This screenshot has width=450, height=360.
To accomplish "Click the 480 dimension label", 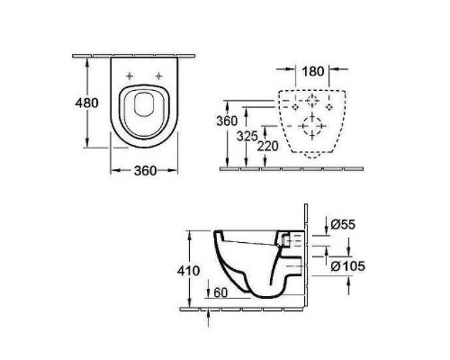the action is (86, 103).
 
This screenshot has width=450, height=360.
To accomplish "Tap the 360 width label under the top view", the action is (145, 171).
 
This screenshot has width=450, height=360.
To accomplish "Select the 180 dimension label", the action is (313, 71).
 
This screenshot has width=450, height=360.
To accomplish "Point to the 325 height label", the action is (247, 136).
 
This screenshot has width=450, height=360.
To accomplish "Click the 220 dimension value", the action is (268, 146).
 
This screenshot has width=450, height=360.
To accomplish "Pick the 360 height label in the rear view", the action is (227, 121).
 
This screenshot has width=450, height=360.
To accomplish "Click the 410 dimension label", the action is (188, 271).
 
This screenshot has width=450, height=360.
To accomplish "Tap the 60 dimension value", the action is (220, 292).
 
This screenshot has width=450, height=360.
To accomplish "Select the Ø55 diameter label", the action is (343, 224).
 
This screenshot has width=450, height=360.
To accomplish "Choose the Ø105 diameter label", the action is (348, 265).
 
